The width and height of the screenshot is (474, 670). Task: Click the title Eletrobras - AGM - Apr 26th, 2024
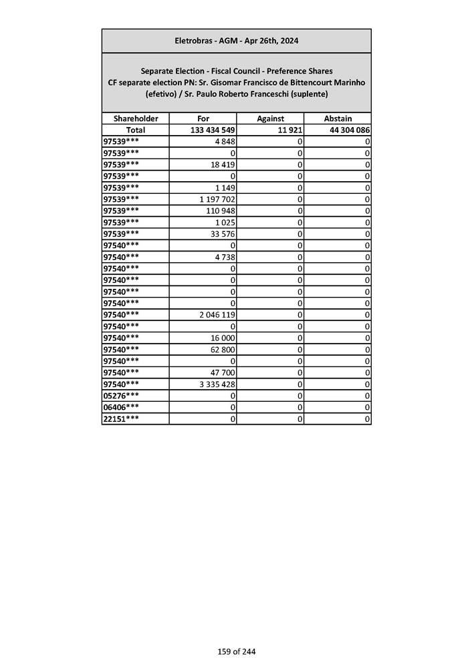[x=236, y=41]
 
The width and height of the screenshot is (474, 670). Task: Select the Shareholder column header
[x=135, y=118]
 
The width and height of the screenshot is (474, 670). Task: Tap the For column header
[x=203, y=118]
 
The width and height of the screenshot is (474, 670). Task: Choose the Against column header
[x=270, y=118]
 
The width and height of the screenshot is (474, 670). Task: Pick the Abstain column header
[x=338, y=118]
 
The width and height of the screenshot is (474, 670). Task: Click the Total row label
[x=135, y=130]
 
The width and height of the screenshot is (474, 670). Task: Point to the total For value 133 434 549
[x=212, y=130]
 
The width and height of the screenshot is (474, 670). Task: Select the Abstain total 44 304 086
[x=350, y=130]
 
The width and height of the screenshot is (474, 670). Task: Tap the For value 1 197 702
[x=214, y=199]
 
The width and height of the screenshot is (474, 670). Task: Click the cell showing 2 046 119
[x=214, y=314]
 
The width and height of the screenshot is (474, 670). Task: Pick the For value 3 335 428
[x=214, y=384]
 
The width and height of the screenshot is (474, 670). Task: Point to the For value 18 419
[x=222, y=164]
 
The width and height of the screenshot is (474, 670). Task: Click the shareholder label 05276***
[x=122, y=395]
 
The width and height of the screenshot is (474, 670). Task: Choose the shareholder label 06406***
[x=122, y=407]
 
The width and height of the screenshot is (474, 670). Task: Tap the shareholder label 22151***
[x=122, y=419]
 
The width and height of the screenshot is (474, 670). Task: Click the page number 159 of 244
[x=236, y=651]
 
